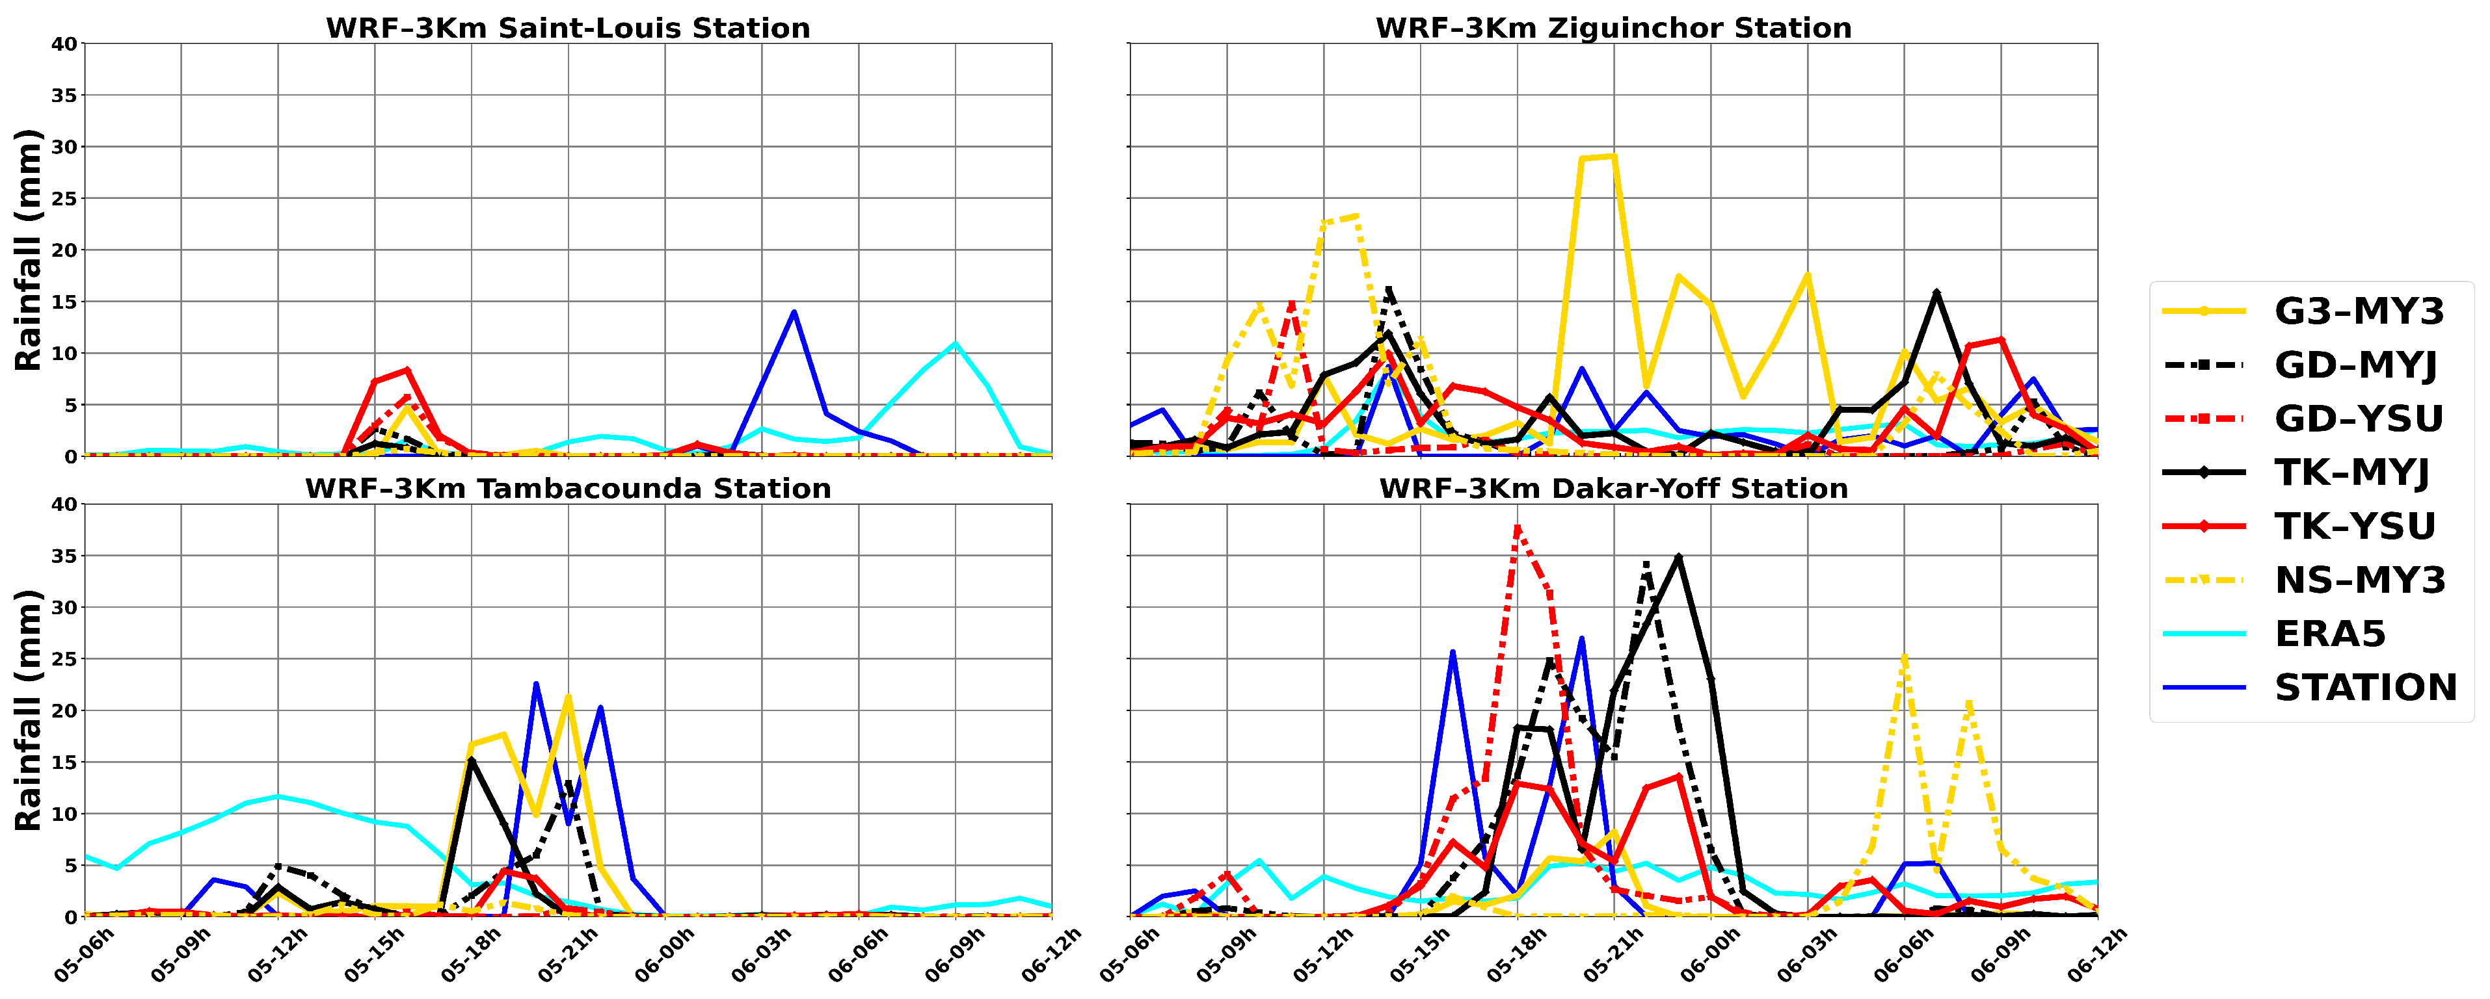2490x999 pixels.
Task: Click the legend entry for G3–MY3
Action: pos(2359,311)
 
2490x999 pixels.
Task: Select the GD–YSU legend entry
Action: pos(2359,419)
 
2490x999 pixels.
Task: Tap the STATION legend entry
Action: pos(2364,688)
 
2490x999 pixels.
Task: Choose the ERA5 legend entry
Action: pos(2329,634)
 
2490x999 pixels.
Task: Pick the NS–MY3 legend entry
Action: pos(2359,580)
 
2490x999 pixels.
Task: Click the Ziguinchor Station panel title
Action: pos(1613,27)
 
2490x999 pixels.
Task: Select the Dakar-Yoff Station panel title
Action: pos(1613,488)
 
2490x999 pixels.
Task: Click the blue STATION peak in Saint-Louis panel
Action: pos(794,312)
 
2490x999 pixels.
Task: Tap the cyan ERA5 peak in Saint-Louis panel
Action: pos(955,344)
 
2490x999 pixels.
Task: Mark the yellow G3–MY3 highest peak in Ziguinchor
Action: pos(1613,157)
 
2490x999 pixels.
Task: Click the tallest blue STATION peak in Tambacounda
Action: pos(535,684)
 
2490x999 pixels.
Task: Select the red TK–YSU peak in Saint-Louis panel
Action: pos(407,370)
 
